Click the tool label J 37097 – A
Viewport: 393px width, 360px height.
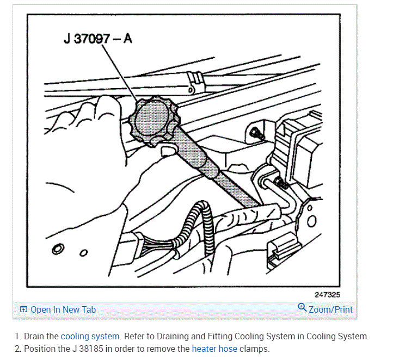(x=97, y=40)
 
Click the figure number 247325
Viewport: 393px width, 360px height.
(x=327, y=294)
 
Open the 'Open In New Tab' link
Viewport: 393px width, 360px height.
(x=63, y=309)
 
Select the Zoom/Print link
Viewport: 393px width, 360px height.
(x=330, y=309)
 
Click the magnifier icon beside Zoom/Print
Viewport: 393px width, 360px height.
(x=302, y=308)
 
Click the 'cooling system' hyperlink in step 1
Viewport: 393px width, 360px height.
(x=90, y=337)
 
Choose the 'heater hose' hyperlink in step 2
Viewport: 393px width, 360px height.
(x=214, y=349)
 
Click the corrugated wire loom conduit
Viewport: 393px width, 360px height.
(x=196, y=228)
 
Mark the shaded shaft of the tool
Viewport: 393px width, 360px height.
(x=218, y=174)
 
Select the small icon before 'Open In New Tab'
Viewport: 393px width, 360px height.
(x=23, y=309)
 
